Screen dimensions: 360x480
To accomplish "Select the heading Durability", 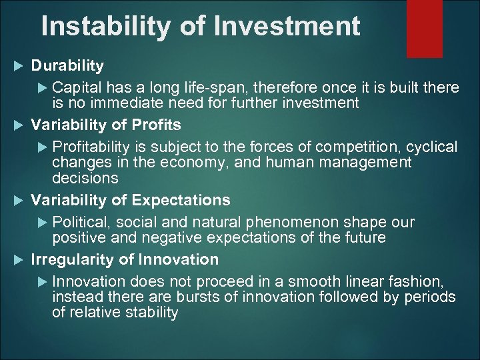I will pyautogui.click(x=68, y=65).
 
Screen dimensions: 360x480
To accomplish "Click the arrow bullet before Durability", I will pyautogui.click(x=19, y=65).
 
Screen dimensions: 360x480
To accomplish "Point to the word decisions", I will pyautogui.click(x=85, y=178).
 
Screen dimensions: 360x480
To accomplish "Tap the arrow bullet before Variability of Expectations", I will pyautogui.click(x=19, y=200).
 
